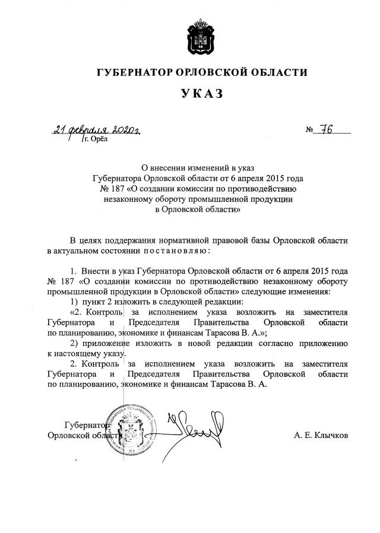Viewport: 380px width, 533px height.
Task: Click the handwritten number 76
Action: tap(325, 130)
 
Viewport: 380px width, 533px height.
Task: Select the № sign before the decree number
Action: tap(309, 131)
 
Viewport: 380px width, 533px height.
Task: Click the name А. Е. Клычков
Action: tap(321, 435)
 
